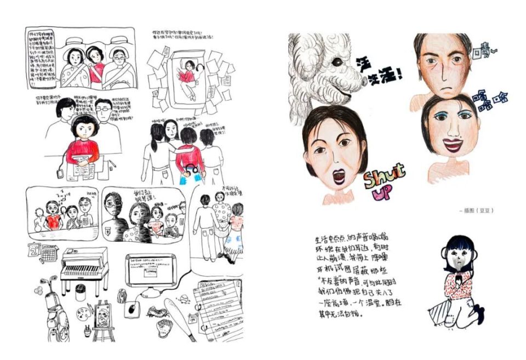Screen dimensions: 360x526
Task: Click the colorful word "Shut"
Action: pos(383,175)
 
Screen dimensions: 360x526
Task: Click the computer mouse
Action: pos(132,309)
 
